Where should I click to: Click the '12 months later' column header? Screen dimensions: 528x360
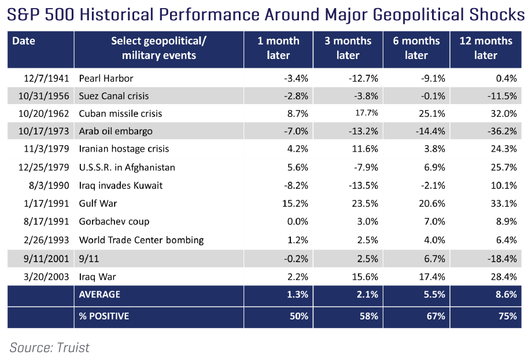pyautogui.click(x=486, y=48)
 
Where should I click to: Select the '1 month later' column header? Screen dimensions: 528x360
pyautogui.click(x=278, y=48)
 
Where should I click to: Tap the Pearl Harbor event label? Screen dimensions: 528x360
pyautogui.click(x=106, y=78)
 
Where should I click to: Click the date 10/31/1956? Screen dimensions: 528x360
pyautogui.click(x=44, y=96)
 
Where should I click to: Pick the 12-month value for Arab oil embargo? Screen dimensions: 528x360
pyautogui.click(x=502, y=131)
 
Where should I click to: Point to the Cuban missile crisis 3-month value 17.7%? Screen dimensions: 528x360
pyautogui.click(x=367, y=113)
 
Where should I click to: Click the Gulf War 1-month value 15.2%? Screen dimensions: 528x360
pyautogui.click(x=296, y=204)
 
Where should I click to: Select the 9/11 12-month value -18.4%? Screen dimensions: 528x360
pyautogui.click(x=502, y=259)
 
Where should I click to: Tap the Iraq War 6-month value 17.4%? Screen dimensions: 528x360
pyautogui.click(x=432, y=277)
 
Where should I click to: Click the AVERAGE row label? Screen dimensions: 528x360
pyautogui.click(x=99, y=294)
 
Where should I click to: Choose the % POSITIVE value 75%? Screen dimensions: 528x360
pyautogui.click(x=508, y=316)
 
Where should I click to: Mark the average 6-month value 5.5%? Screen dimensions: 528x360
pyautogui.click(x=435, y=294)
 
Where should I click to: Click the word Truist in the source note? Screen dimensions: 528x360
pyautogui.click(x=73, y=347)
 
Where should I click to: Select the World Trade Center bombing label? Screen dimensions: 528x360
pyautogui.click(x=142, y=240)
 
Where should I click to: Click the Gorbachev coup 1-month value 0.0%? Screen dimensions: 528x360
pyautogui.click(x=298, y=222)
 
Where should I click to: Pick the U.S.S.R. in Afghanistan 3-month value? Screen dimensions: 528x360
pyautogui.click(x=366, y=167)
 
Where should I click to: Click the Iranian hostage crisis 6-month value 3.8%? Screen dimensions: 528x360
pyautogui.click(x=435, y=149)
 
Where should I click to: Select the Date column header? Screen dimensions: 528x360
pyautogui.click(x=24, y=41)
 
